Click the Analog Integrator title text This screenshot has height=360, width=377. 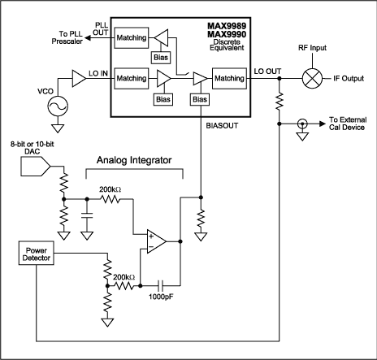[135, 161]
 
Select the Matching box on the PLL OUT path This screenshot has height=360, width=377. [131, 38]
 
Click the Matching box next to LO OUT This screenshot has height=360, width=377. [230, 79]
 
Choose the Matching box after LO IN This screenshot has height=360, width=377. [131, 79]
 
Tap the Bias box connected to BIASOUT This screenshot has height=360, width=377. [199, 99]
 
